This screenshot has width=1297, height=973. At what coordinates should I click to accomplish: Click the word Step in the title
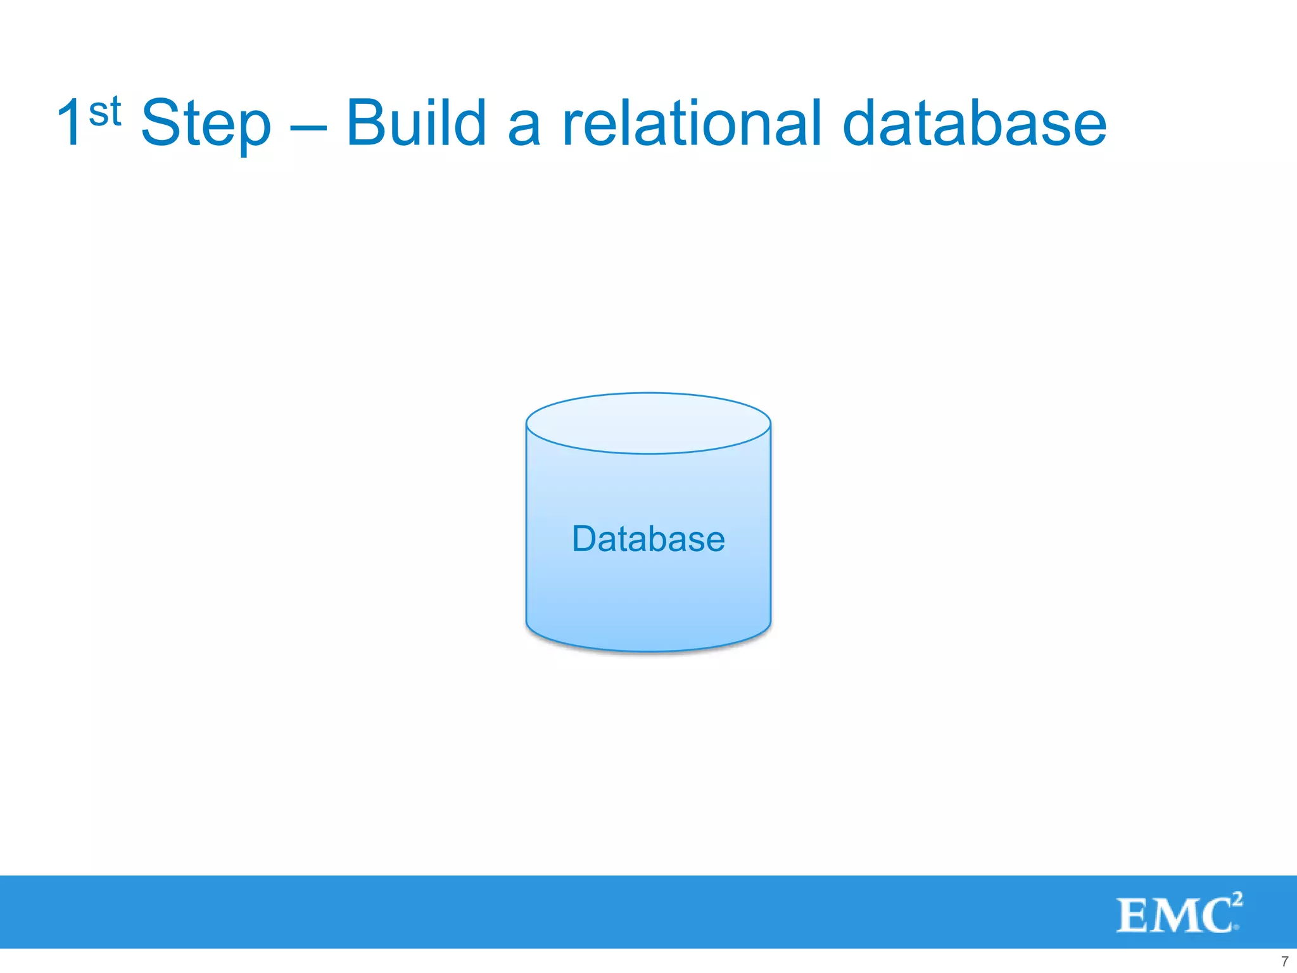point(206,124)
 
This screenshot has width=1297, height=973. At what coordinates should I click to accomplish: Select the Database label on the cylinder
point(648,539)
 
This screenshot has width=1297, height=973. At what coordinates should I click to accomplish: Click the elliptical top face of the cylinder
point(648,423)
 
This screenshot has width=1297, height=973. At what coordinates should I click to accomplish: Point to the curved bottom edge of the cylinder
point(648,650)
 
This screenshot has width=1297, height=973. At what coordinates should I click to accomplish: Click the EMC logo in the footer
point(1178,913)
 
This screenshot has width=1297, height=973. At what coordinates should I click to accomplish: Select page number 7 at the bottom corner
point(1284,961)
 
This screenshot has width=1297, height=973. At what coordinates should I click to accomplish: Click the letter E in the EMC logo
point(1133,916)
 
